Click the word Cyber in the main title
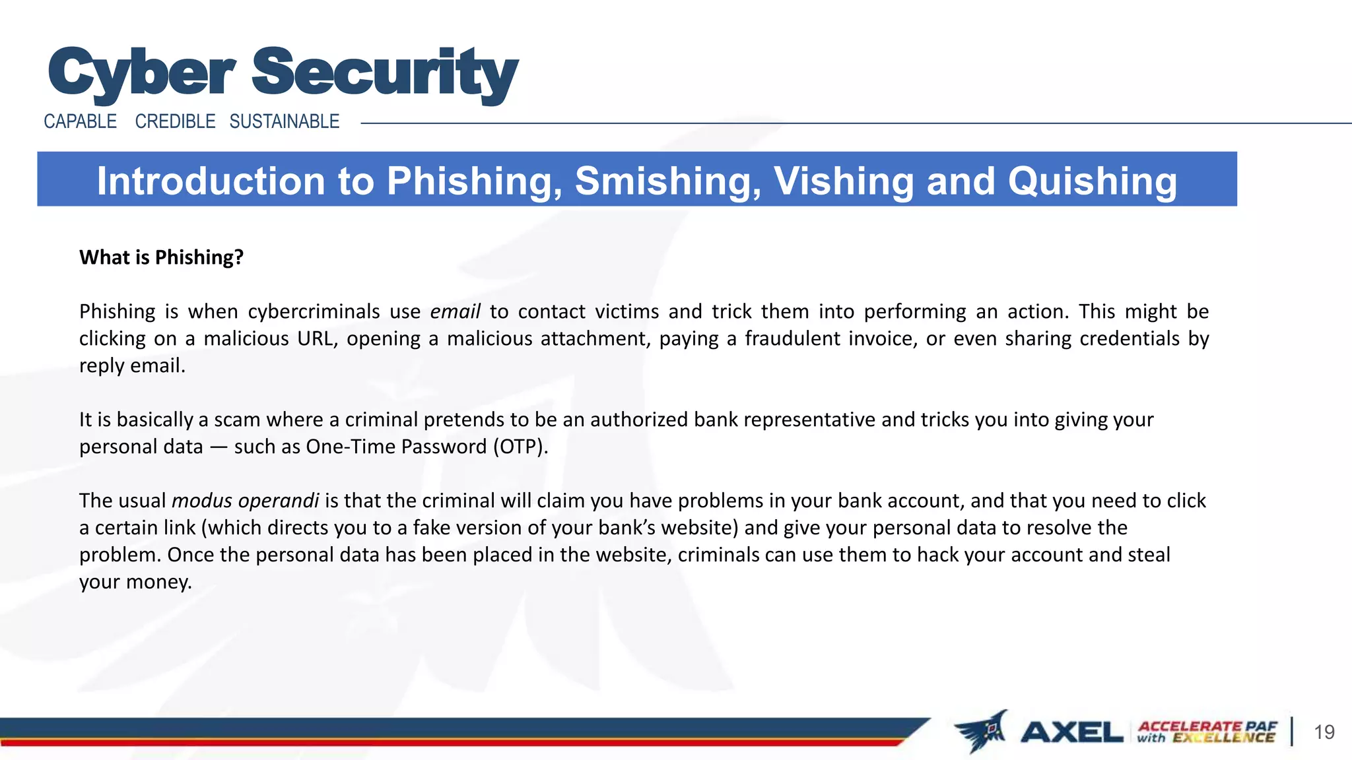(141, 73)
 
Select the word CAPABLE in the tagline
(80, 121)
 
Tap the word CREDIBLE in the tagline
(175, 121)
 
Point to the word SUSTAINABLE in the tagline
(285, 121)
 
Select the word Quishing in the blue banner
(1092, 181)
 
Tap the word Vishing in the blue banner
(844, 181)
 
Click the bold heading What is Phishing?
(161, 257)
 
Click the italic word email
(455, 311)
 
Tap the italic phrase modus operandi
(246, 501)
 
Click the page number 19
(1324, 732)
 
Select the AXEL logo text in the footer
(1071, 732)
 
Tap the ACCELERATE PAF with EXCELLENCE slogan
(1207, 732)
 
